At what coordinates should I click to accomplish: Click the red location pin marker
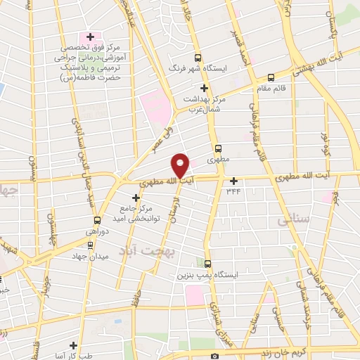[x=181, y=166]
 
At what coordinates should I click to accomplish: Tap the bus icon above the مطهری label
[x=219, y=148]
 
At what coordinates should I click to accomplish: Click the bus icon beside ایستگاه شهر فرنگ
[x=198, y=58]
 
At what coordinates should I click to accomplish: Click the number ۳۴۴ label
[x=233, y=191]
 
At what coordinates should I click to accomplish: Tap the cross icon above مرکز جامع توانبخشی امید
[x=136, y=198]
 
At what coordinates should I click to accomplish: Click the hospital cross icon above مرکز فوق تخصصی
[x=89, y=36]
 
